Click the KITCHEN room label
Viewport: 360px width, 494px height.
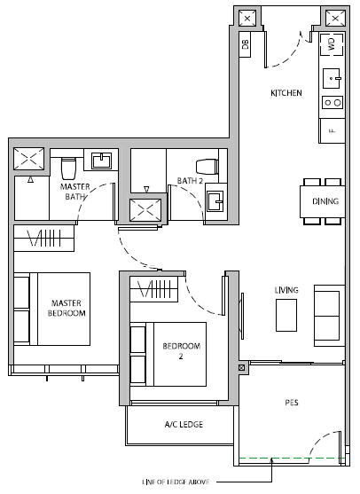(286, 93)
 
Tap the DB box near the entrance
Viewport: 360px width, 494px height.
(245, 44)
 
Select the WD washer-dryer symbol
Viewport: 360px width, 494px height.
(332, 44)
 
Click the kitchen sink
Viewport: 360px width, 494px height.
(332, 78)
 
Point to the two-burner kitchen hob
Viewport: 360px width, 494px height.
(333, 103)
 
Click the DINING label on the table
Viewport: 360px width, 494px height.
(325, 201)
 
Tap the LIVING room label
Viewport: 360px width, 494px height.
(286, 290)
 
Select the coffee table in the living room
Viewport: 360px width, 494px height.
(286, 315)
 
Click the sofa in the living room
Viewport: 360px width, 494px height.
(329, 316)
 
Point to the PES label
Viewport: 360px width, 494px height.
(292, 403)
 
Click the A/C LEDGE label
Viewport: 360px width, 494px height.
(184, 424)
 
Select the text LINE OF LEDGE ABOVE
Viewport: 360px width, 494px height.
(176, 482)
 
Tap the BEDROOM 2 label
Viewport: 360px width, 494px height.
(182, 351)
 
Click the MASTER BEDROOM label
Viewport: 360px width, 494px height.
(67, 308)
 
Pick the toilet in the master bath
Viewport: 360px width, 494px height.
(68, 168)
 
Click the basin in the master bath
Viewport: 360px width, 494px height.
(101, 161)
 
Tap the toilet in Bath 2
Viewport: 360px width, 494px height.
(207, 167)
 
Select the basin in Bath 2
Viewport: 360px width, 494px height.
(215, 201)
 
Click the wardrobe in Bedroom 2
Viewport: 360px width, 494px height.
(154, 289)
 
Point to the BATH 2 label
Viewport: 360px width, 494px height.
(190, 181)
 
